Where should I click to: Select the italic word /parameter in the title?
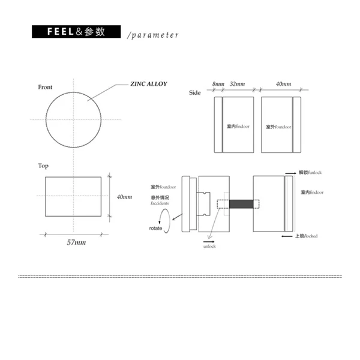154,35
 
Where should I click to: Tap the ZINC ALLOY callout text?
148,84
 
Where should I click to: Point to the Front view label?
45,87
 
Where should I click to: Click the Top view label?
43,166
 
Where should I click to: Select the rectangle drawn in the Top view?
74,196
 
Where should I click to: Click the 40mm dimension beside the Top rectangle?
124,197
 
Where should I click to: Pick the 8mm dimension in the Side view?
218,84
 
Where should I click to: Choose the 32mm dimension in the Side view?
237,84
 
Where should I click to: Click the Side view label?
194,92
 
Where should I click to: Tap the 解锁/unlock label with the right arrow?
310,173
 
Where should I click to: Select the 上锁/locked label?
306,236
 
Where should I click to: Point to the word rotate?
155,229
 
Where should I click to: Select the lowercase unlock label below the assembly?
209,247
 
